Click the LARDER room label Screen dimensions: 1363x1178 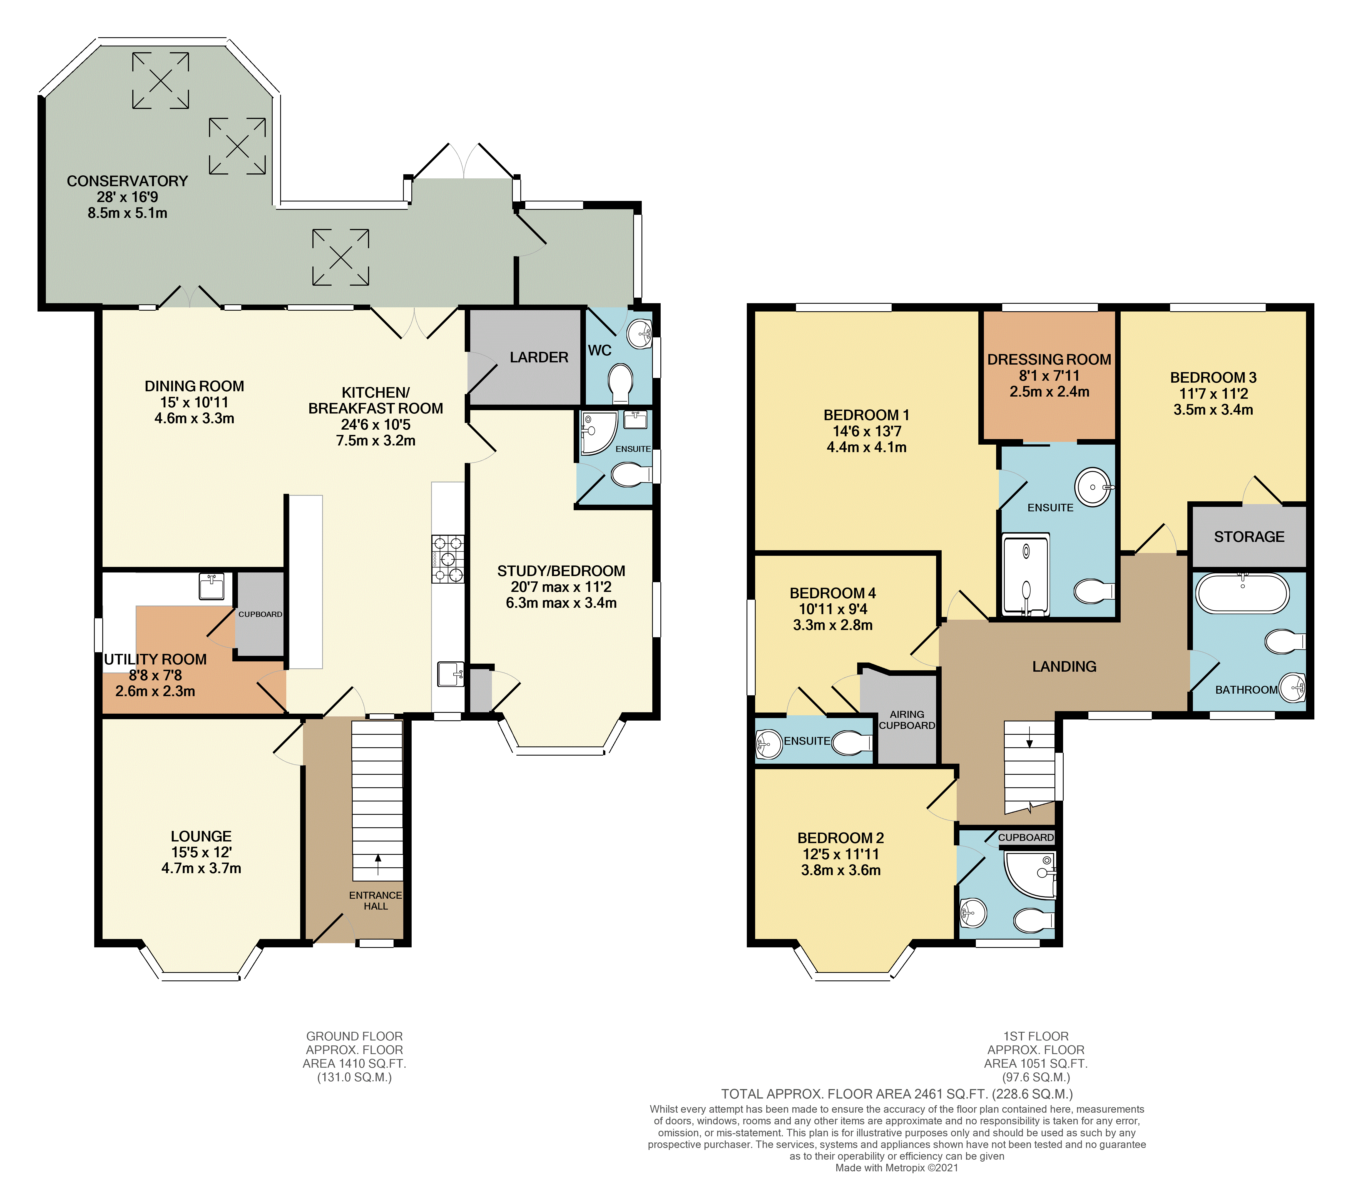(x=539, y=357)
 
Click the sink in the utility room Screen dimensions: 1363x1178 (x=212, y=586)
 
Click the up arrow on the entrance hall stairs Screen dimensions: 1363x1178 (x=378, y=864)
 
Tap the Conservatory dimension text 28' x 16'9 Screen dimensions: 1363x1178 (x=128, y=197)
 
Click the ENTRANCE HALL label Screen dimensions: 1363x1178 (x=375, y=900)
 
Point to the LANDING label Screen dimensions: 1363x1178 (x=1064, y=666)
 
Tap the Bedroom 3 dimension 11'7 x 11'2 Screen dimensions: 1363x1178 (x=1214, y=393)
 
